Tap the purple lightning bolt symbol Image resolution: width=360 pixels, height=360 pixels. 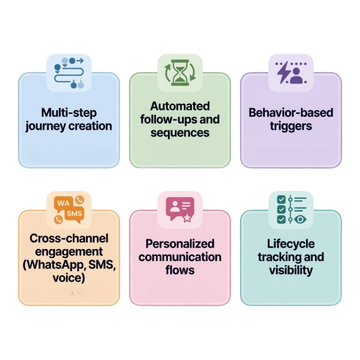click(x=283, y=74)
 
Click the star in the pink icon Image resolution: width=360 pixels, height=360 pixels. click(x=187, y=218)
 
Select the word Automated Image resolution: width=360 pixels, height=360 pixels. click(x=180, y=106)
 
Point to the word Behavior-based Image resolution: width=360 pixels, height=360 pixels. click(x=291, y=113)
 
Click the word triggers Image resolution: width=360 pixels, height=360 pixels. click(x=291, y=126)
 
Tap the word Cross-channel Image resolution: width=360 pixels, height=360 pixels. click(x=69, y=238)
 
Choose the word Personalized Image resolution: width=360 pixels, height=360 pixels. click(x=180, y=244)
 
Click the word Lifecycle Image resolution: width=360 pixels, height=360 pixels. click(x=291, y=244)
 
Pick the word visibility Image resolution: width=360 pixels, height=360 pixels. click(x=291, y=270)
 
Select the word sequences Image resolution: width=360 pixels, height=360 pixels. click(x=180, y=133)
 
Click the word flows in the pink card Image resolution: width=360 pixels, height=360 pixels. click(x=180, y=270)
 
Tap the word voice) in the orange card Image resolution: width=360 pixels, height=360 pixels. click(x=69, y=278)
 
